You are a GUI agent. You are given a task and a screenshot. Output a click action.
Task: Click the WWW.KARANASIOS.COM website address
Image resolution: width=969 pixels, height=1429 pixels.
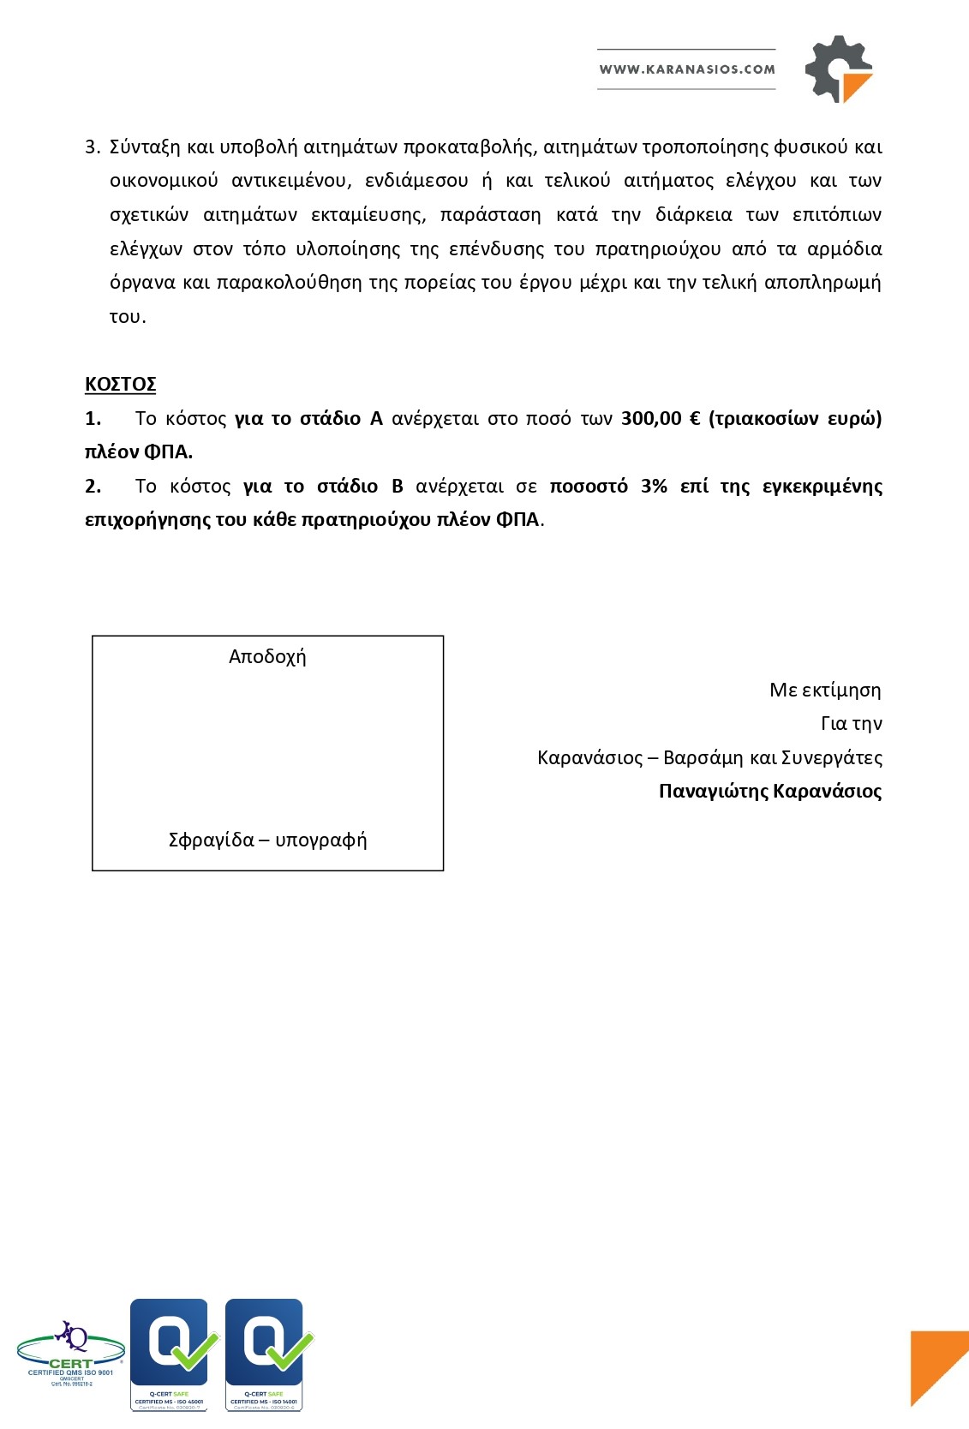(x=686, y=69)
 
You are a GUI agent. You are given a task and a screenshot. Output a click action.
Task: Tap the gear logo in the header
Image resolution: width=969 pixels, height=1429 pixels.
(x=837, y=69)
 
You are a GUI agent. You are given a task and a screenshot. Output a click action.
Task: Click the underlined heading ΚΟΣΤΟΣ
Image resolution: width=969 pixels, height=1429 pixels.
(x=120, y=384)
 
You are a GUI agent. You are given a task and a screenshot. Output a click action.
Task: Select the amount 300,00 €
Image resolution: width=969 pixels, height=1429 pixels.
(x=661, y=418)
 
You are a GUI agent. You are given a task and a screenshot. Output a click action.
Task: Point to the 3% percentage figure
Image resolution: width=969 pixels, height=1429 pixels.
(x=654, y=486)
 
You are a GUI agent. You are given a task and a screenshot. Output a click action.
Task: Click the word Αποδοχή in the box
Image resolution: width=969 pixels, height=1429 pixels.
(x=267, y=657)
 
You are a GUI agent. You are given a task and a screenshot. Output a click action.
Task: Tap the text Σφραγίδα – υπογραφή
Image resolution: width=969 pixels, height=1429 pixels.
(x=267, y=840)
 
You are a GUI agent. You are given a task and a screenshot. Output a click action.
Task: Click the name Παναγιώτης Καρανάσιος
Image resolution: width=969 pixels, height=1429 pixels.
(x=769, y=791)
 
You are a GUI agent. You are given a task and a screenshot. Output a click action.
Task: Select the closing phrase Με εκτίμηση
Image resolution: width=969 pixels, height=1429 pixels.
(x=824, y=690)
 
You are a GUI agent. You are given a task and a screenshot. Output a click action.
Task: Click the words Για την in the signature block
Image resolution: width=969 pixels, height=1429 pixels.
(x=851, y=723)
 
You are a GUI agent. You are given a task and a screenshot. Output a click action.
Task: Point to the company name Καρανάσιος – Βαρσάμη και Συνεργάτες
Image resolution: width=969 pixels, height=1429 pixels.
(x=709, y=757)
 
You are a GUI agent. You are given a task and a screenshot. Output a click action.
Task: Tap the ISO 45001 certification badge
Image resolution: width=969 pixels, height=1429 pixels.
(x=170, y=1354)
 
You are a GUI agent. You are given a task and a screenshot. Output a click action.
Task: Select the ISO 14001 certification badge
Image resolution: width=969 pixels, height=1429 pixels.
(x=265, y=1354)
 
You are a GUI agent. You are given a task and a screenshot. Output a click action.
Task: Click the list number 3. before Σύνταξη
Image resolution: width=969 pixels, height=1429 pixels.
(x=93, y=147)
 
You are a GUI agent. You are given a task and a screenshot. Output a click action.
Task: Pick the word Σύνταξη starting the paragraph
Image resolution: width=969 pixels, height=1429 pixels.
(x=145, y=147)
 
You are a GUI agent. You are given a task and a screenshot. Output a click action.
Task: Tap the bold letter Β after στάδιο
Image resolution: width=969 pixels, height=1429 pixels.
(x=397, y=486)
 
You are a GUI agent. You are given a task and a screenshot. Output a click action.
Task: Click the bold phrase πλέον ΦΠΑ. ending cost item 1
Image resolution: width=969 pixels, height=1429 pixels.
(x=139, y=451)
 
